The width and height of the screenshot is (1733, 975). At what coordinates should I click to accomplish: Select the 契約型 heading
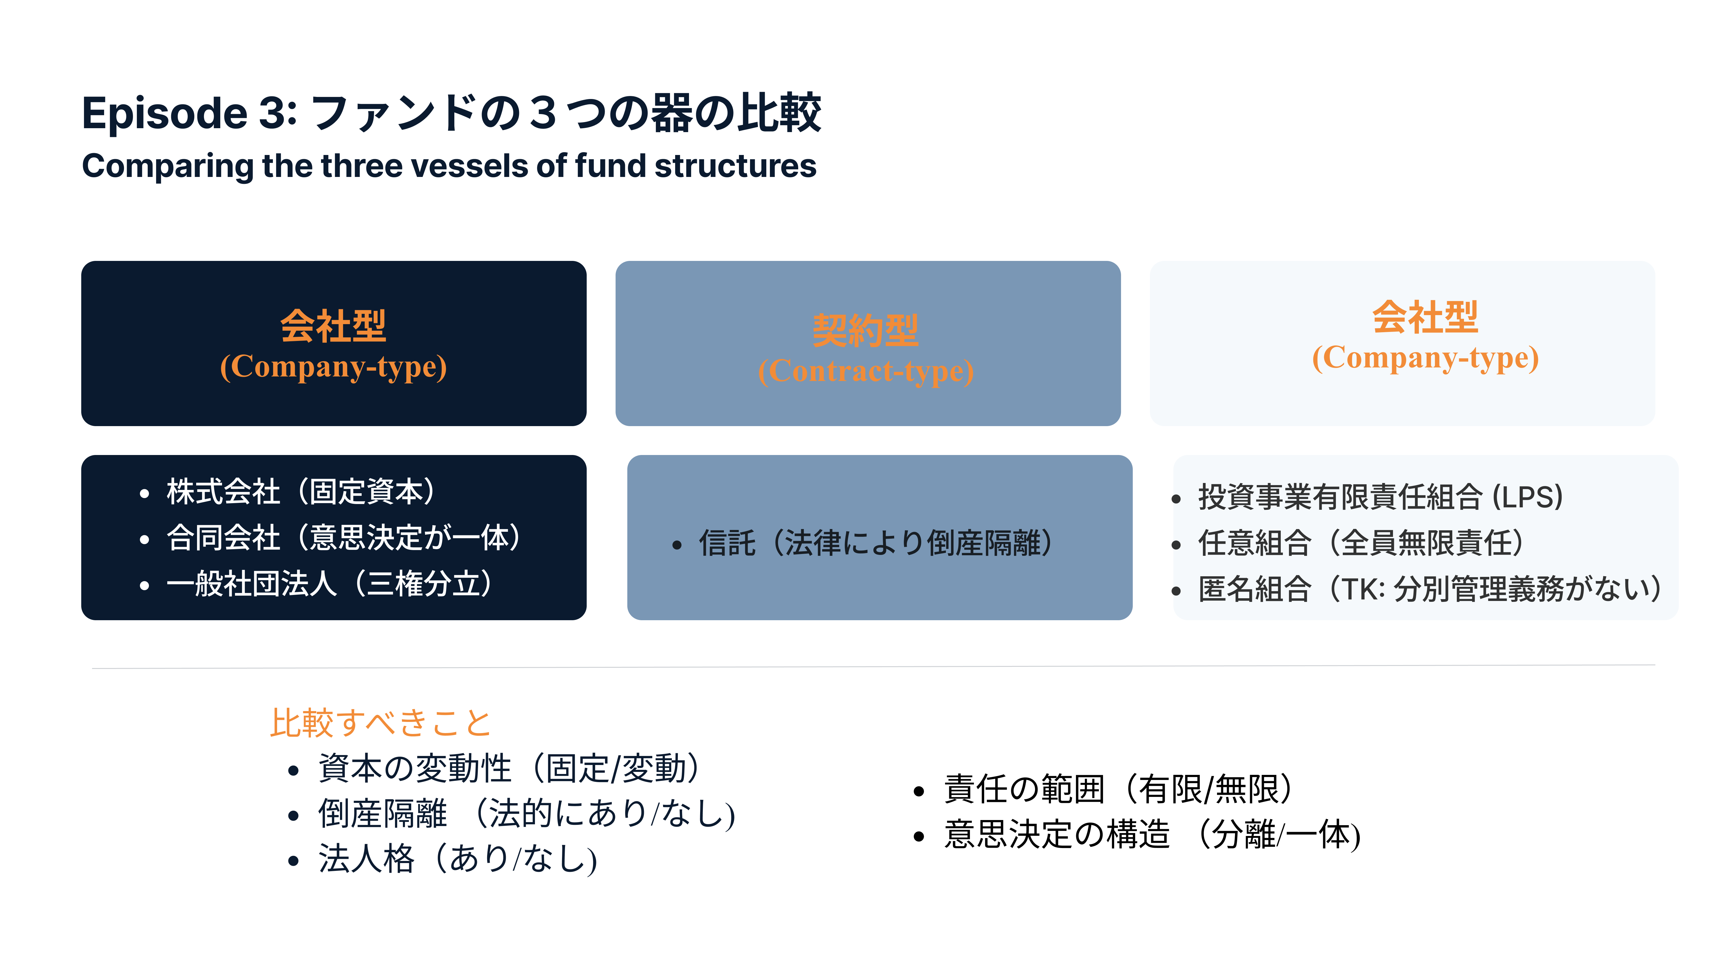[x=866, y=330]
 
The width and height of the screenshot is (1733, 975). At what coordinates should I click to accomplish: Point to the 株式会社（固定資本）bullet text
[x=301, y=492]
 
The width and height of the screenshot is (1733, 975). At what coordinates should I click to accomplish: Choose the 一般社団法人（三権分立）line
[x=330, y=583]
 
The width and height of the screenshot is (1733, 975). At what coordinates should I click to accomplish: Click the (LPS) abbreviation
[x=1527, y=497]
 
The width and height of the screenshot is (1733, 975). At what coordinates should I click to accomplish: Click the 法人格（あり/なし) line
[x=457, y=859]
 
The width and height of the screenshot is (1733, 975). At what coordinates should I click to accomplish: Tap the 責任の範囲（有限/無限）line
[x=1118, y=789]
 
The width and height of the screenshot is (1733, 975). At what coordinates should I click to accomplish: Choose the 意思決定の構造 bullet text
[x=1058, y=834]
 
